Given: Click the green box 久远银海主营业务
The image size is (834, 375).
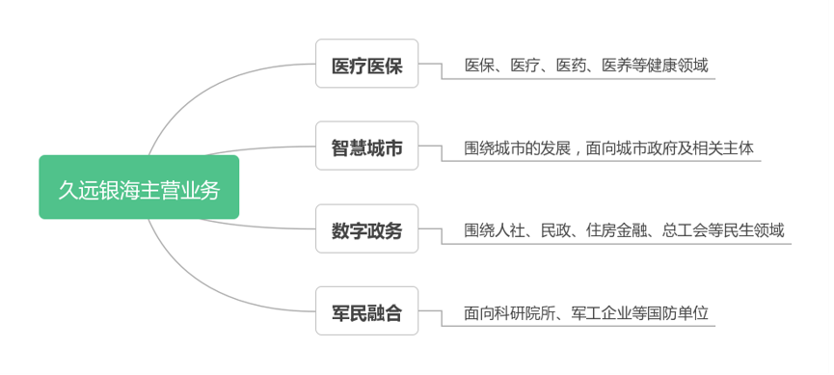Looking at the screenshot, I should [x=139, y=187].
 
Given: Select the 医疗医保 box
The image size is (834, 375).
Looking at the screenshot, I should [x=367, y=65].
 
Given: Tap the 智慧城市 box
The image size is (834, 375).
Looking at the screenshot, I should [x=367, y=147].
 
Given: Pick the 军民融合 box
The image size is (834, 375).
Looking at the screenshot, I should [x=367, y=312].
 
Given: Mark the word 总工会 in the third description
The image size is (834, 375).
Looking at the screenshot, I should [x=684, y=230].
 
